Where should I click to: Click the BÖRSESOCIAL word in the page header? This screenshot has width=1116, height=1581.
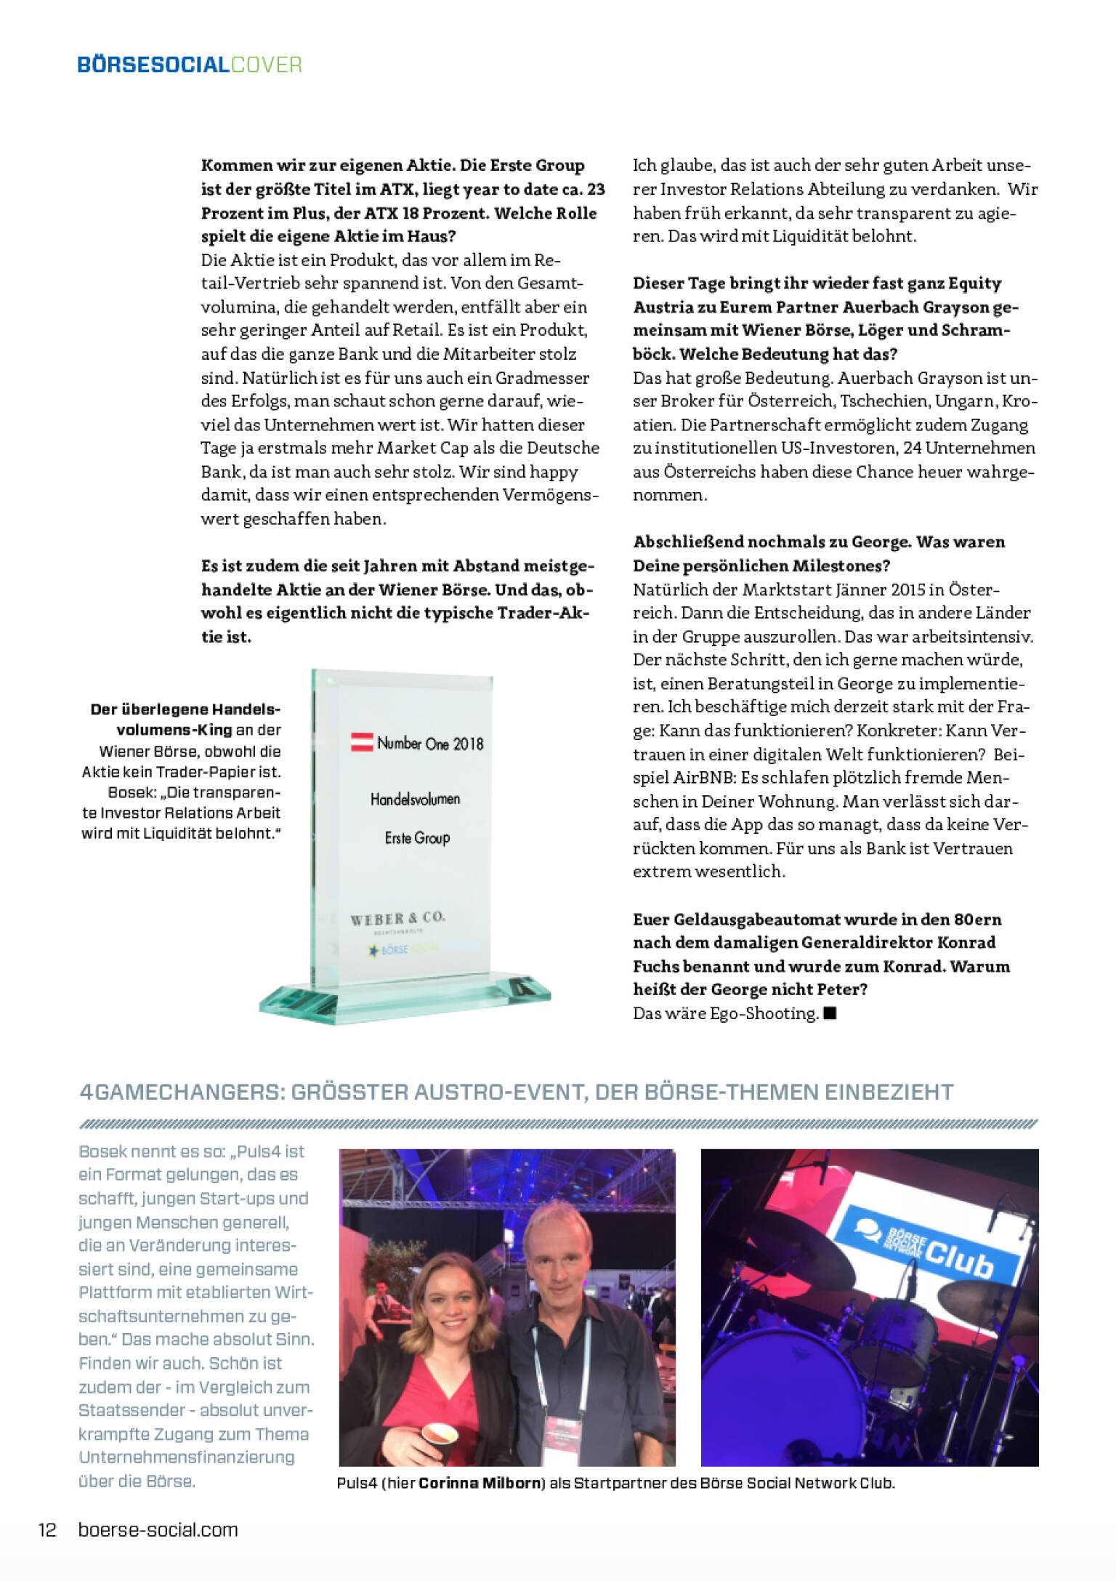click(153, 65)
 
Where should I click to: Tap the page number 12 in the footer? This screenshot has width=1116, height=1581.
click(47, 1529)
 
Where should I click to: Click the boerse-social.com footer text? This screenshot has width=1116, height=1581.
click(158, 1529)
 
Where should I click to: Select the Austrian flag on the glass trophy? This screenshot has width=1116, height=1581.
click(362, 742)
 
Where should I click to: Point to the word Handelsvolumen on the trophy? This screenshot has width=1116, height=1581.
click(415, 799)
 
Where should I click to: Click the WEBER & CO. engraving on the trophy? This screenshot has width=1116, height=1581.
click(397, 918)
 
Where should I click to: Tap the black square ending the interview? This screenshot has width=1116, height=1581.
click(830, 1013)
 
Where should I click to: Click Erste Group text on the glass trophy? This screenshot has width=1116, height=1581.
click(417, 838)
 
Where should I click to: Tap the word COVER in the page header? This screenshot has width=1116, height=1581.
click(266, 65)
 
